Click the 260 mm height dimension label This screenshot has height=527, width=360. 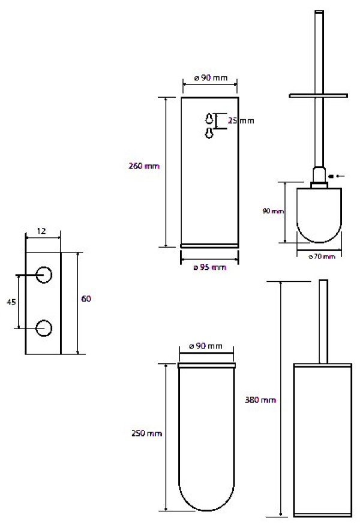click(144, 165)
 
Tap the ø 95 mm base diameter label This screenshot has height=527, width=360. click(210, 267)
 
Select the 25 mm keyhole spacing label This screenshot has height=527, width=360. click(241, 121)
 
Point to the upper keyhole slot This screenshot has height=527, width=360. click(209, 119)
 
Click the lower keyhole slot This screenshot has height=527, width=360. click(209, 133)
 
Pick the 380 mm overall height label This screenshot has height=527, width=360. click(260, 400)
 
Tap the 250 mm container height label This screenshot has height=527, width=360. click(146, 433)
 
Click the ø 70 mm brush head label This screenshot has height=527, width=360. click(322, 257)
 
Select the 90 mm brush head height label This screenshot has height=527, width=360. click(273, 211)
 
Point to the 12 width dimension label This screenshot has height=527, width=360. click(41, 231)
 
